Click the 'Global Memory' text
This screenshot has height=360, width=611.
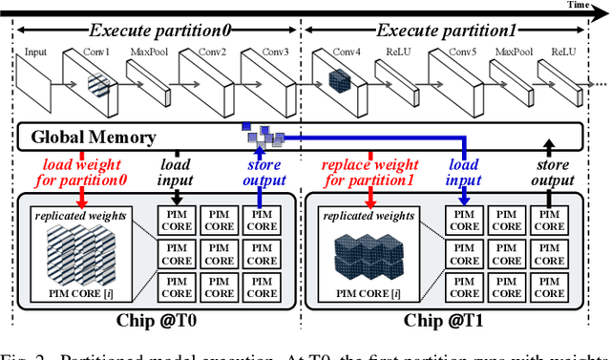coord(93,138)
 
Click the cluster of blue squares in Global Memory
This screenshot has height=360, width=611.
coord(263,138)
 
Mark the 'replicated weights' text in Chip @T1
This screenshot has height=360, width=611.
coord(368,216)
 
